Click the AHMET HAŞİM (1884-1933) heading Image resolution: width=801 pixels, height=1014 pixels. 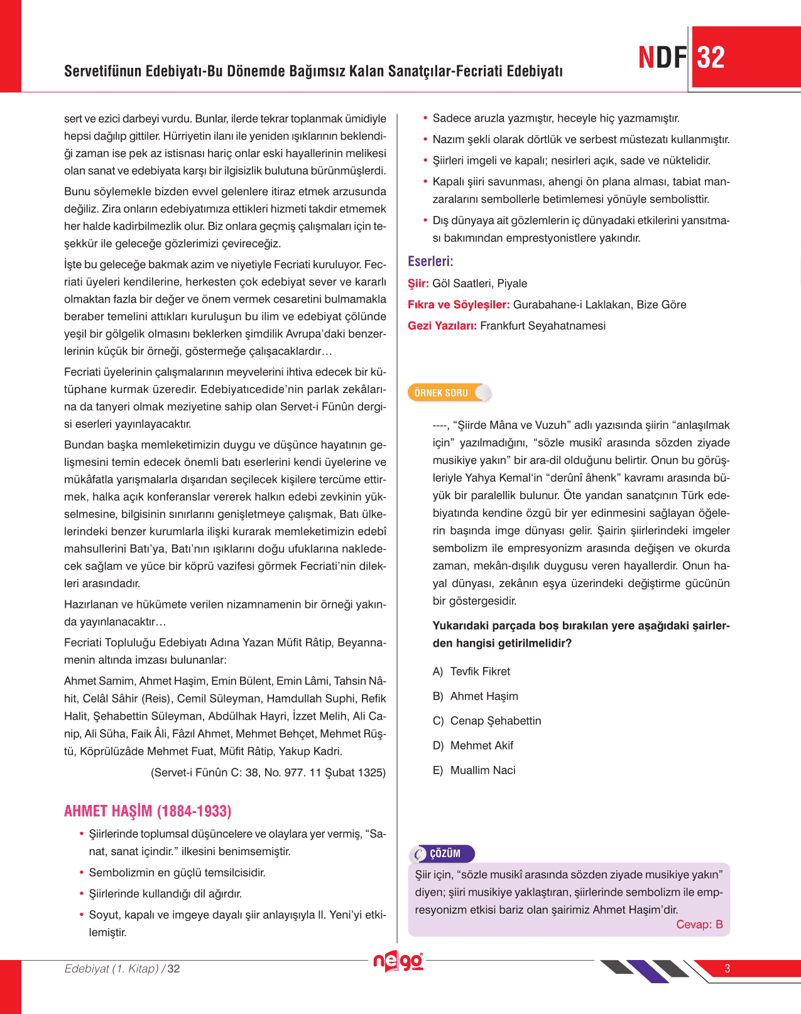pyautogui.click(x=148, y=811)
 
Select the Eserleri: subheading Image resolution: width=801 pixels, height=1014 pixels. pyautogui.click(x=430, y=261)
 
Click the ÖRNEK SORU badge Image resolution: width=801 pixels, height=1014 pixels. pyautogui.click(x=441, y=393)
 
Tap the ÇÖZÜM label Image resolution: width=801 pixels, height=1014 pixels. pyautogui.click(x=445, y=854)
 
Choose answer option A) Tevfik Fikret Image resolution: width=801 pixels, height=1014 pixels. pyautogui.click(x=471, y=672)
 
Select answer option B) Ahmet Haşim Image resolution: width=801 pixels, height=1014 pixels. pyautogui.click(x=475, y=696)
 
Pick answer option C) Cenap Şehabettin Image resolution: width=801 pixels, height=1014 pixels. pyautogui.click(x=486, y=721)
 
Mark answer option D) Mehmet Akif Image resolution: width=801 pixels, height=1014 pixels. pyautogui.click(x=472, y=745)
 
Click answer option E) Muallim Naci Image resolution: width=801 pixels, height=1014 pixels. pyautogui.click(x=474, y=770)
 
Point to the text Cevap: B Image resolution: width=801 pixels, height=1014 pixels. pyautogui.click(x=699, y=924)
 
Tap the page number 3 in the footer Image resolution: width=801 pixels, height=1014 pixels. pyautogui.click(x=727, y=968)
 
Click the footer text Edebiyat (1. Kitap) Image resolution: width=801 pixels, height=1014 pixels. pyautogui.click(x=112, y=969)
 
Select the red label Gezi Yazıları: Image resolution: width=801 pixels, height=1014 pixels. pyautogui.click(x=442, y=326)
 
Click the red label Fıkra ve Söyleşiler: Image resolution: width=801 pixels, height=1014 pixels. pyautogui.click(x=459, y=305)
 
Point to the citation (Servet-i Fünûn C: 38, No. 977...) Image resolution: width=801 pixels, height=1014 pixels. pyautogui.click(x=268, y=772)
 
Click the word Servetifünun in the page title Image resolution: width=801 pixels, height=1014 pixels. pyautogui.click(x=102, y=71)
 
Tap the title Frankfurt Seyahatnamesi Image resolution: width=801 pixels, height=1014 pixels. pyautogui.click(x=543, y=326)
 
